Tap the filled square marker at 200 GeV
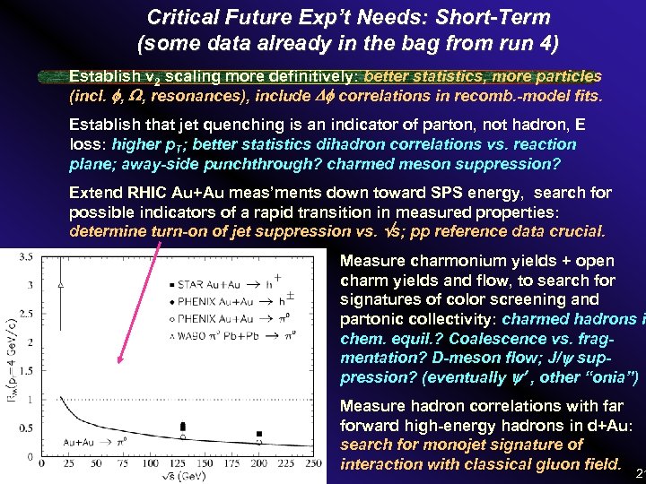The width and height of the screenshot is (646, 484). (x=258, y=434)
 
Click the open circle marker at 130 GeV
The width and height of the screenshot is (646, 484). (x=183, y=437)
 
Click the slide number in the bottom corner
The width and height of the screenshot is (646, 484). (x=639, y=472)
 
